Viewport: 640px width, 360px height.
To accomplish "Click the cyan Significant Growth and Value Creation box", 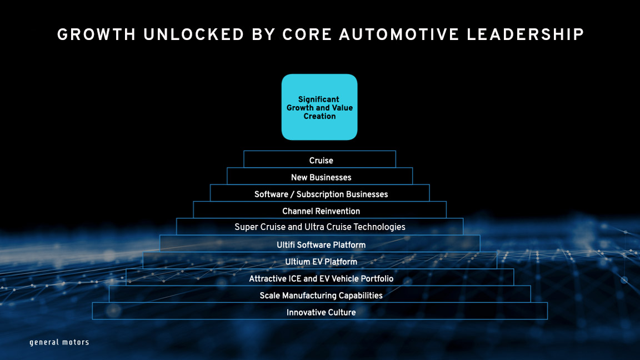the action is [x=319, y=107].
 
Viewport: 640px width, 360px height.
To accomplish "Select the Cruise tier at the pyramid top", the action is [x=321, y=161].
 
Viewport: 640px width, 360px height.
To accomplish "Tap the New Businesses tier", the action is [x=321, y=177].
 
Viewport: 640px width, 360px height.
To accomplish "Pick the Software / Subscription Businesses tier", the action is [x=321, y=194].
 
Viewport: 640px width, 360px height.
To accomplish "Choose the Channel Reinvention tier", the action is [x=321, y=211].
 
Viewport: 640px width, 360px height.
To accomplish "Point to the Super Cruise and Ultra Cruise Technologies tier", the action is [x=319, y=227].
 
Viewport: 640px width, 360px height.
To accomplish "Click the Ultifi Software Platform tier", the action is [x=321, y=244].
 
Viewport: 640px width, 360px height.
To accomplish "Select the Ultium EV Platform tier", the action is [x=321, y=262].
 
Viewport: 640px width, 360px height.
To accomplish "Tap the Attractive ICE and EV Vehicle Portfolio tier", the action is [x=321, y=278].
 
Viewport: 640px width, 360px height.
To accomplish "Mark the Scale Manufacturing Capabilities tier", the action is [x=321, y=295].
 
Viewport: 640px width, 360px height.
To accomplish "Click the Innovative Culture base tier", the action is [x=321, y=312].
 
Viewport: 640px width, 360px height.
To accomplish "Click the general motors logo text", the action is [x=59, y=342].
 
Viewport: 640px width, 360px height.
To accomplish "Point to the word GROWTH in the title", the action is [x=96, y=35].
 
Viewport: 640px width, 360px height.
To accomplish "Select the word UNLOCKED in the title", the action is [x=194, y=35].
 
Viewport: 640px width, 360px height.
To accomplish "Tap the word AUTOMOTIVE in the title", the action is [x=393, y=35].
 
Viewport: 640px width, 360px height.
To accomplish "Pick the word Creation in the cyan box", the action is [x=319, y=116].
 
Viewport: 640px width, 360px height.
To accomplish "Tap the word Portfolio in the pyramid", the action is [x=374, y=278].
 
